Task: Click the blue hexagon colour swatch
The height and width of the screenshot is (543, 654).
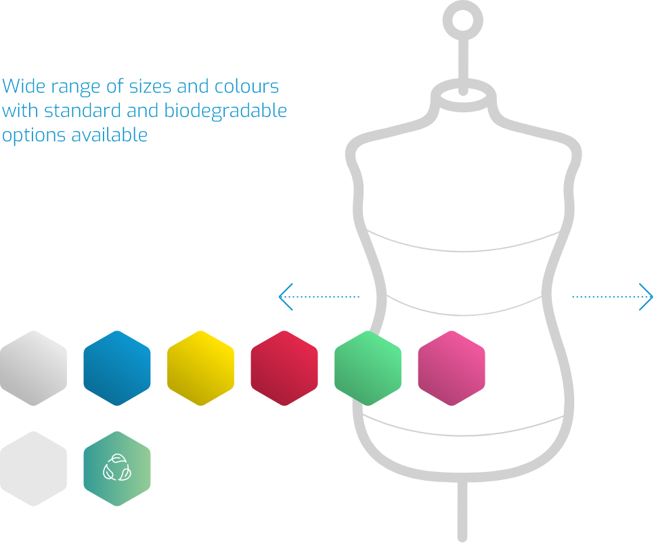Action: coord(116,368)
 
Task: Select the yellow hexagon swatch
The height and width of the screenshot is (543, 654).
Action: coord(200,368)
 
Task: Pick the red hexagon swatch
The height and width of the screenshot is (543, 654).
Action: coord(284,368)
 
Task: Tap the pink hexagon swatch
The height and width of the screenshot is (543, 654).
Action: coord(452,368)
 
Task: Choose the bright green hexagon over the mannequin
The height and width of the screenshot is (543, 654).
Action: coord(368,368)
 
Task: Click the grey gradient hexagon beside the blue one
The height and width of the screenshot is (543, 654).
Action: coord(33,368)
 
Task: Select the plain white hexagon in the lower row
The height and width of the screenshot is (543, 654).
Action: coord(33,469)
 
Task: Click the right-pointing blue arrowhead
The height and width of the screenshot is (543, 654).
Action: coord(647,296)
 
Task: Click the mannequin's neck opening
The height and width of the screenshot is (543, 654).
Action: coord(462,95)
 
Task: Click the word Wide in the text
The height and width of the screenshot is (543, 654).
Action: coord(22,87)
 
